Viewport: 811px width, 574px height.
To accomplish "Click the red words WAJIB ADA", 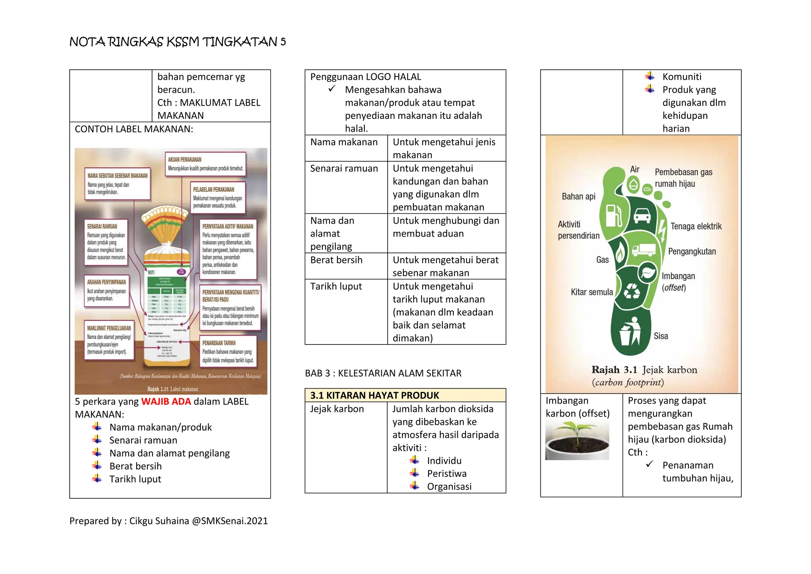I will pyautogui.click(x=166, y=402).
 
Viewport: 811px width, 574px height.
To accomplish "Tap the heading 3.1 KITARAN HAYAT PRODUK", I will pyautogui.click(x=375, y=395).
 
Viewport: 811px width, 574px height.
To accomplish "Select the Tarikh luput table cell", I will pyautogui.click(x=336, y=286).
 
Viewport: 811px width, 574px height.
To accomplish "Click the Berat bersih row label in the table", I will pyautogui.click(x=336, y=260).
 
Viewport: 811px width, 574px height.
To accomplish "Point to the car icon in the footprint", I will pyautogui.click(x=642, y=216).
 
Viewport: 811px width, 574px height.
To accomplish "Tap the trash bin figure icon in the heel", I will pyautogui.click(x=630, y=332).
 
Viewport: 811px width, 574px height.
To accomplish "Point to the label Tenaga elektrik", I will pyautogui.click(x=696, y=226).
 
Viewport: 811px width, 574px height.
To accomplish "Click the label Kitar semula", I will pyautogui.click(x=592, y=292).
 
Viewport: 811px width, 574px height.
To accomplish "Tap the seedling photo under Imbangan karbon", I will pyautogui.click(x=577, y=440).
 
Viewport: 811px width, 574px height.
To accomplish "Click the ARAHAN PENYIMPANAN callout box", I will pyautogui.click(x=107, y=291).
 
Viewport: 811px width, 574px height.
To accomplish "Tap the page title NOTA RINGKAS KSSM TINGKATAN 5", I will pyautogui.click(x=177, y=42).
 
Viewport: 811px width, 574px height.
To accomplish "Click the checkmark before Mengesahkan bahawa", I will pyautogui.click(x=332, y=89).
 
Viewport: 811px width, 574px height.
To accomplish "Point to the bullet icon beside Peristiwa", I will pyautogui.click(x=415, y=473).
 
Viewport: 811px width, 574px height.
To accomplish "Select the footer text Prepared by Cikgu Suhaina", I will pyautogui.click(x=168, y=521).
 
